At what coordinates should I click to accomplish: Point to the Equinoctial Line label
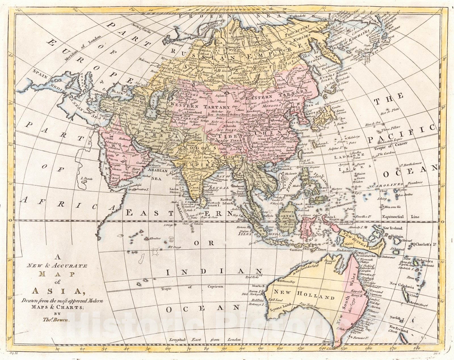coord(400,217)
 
